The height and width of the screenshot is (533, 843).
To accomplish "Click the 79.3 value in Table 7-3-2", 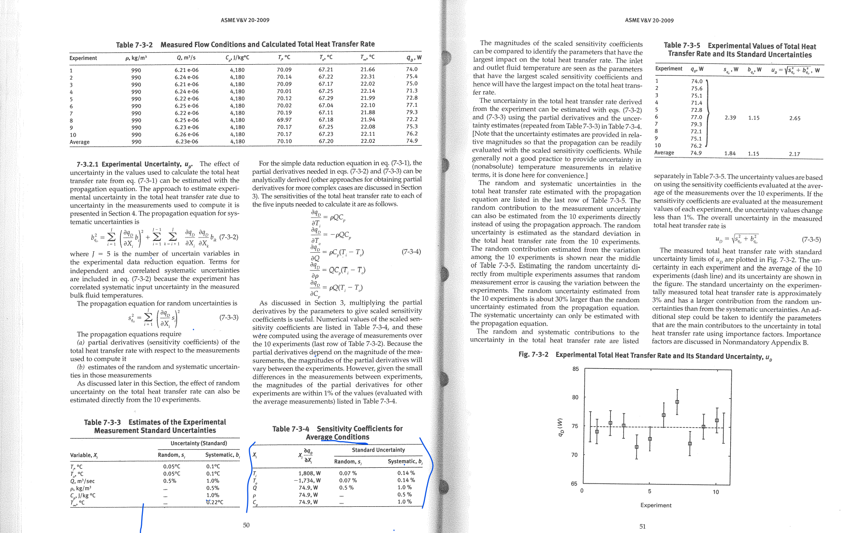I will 412,112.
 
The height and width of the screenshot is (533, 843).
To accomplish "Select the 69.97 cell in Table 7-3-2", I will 284,120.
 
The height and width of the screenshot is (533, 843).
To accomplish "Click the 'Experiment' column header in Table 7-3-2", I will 83,58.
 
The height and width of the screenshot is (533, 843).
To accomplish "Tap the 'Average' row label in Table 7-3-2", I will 79,142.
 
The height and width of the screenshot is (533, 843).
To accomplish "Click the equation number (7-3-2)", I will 229,237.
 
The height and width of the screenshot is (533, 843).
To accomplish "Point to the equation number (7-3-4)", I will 411,252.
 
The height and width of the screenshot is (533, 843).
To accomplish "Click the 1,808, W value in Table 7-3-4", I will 309,473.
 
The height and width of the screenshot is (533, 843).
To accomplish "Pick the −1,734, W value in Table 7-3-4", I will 307,481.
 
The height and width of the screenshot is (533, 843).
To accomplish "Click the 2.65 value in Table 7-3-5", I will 794,118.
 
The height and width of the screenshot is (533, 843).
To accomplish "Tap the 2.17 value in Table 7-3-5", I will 794,154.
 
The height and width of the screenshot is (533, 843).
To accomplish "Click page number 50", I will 246,525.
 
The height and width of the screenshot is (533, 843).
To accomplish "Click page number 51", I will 642,526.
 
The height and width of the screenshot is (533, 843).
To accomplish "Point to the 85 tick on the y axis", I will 575,369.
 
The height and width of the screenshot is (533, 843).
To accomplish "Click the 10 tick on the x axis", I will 716,492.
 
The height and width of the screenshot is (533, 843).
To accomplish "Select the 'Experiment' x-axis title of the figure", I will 656,505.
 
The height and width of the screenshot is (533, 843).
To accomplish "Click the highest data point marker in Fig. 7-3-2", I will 677,402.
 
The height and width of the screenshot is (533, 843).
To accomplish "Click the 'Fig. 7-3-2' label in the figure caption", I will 533,355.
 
